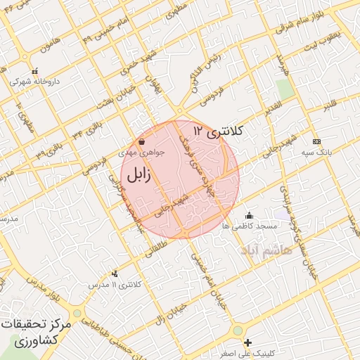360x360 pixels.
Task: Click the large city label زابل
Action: click(x=140, y=174)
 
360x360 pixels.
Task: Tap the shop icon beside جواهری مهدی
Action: click(x=142, y=142)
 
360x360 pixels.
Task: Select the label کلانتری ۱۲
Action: click(x=219, y=131)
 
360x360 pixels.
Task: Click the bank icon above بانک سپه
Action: click(x=316, y=141)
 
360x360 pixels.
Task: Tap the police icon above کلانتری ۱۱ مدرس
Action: click(x=115, y=274)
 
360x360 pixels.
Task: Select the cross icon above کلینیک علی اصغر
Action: click(x=247, y=342)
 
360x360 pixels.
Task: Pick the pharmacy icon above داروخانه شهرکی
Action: click(x=34, y=71)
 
